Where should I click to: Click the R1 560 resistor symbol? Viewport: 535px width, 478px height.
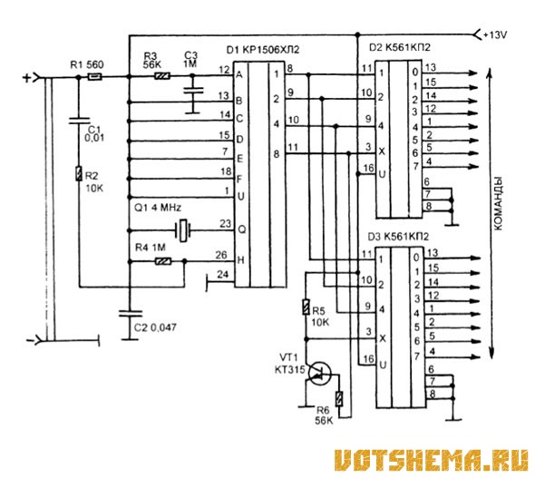(x=94, y=77)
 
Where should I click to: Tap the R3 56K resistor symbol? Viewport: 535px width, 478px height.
(x=162, y=76)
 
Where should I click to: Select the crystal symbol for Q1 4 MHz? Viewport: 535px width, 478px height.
(x=182, y=230)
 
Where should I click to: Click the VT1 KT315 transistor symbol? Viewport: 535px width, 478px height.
(x=319, y=374)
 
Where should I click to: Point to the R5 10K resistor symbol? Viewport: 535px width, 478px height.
(x=306, y=307)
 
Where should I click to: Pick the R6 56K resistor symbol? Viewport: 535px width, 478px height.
(x=339, y=398)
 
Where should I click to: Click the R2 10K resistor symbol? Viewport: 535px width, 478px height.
(x=79, y=173)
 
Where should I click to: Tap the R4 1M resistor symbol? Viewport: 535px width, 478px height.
(x=163, y=262)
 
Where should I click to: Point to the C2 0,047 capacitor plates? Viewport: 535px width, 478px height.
(x=130, y=313)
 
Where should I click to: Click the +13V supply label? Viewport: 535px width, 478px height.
(x=495, y=34)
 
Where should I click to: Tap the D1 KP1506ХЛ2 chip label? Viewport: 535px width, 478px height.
(x=263, y=50)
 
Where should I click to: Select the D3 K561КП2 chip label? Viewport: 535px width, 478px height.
(x=398, y=237)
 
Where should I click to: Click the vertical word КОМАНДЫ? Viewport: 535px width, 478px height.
(x=498, y=204)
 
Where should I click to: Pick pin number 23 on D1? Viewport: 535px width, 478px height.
(x=225, y=224)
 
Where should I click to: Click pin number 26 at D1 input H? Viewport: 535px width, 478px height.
(x=221, y=255)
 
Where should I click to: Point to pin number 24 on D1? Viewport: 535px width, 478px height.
(x=222, y=274)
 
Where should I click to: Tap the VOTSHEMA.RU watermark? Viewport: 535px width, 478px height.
(x=431, y=460)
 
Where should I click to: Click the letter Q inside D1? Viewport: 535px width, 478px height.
(x=241, y=229)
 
